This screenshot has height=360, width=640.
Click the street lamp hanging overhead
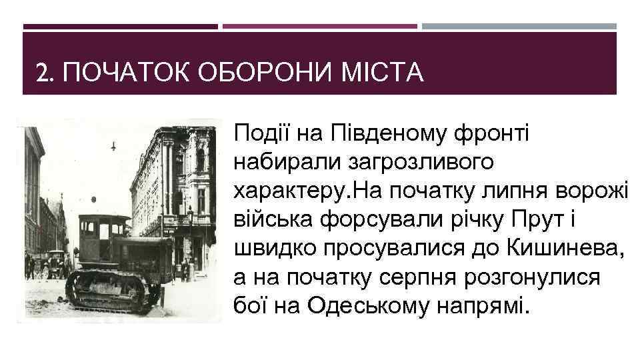coord(113,145)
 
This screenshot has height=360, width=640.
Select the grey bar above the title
coord(519,27)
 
